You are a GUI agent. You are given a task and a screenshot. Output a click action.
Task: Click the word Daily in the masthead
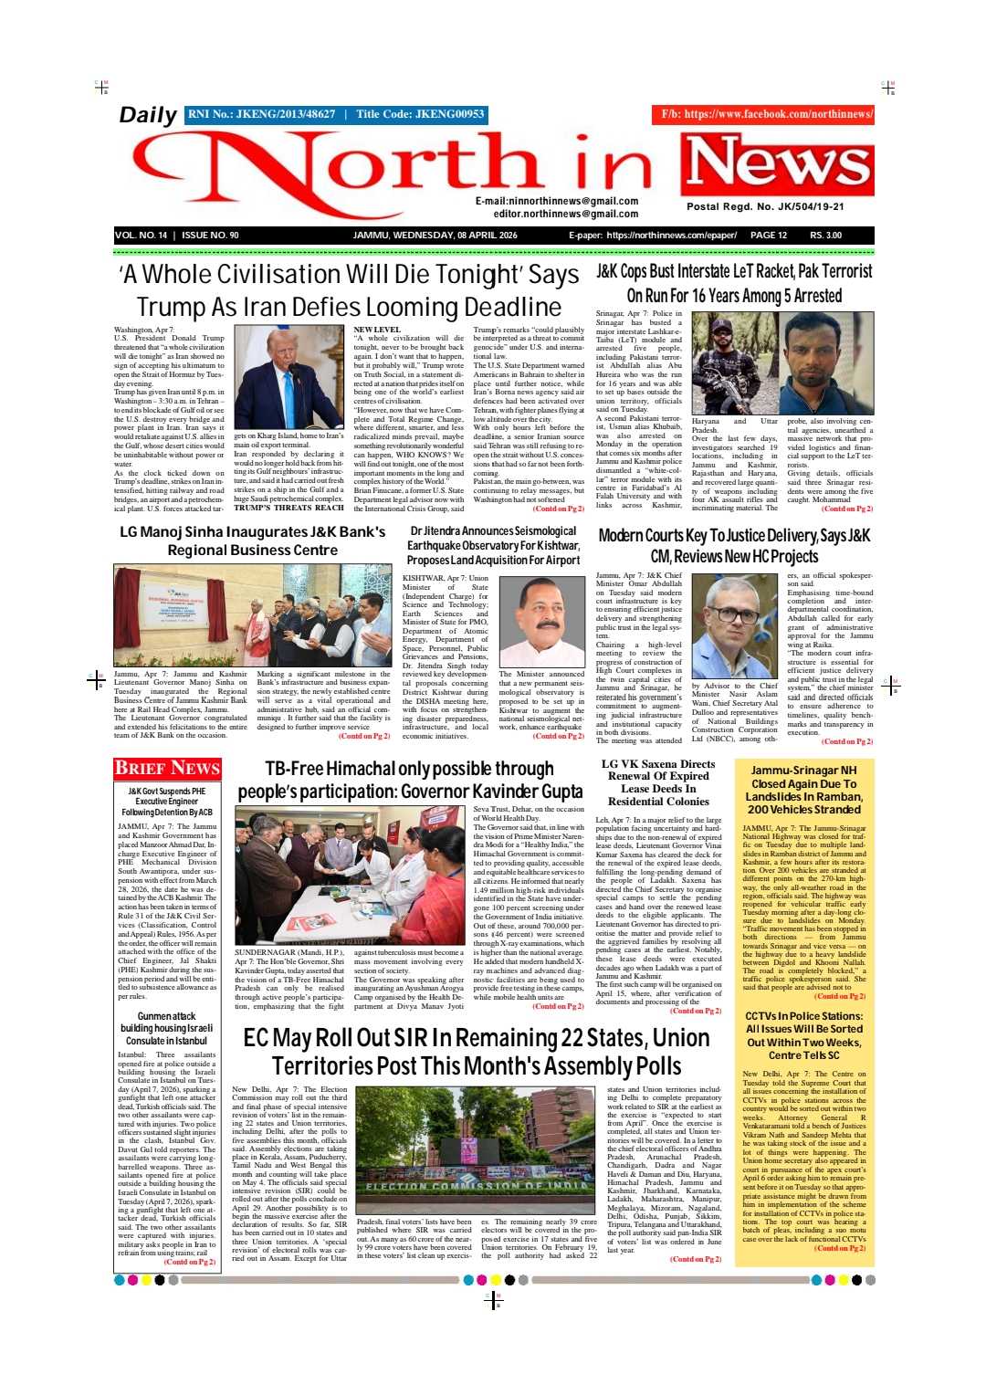148,115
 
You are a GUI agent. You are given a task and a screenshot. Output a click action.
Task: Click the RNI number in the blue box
261,114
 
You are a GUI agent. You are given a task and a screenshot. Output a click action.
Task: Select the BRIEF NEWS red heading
168,768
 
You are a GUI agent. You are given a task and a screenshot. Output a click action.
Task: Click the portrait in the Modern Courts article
734,625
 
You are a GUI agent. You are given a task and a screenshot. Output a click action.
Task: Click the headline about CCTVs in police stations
803,1035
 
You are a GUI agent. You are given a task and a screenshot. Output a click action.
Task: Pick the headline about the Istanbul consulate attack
166,1028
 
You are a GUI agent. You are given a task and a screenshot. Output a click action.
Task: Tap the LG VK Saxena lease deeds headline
658,782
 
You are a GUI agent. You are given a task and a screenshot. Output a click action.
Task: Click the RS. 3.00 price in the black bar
826,236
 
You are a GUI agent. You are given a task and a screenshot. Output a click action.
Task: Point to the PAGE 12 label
768,236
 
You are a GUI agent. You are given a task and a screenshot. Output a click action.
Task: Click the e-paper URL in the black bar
671,236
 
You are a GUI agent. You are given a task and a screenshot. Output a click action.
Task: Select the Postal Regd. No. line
765,206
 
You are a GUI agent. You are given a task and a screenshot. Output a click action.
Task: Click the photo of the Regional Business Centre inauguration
252,614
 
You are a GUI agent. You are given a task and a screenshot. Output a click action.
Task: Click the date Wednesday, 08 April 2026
435,236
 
